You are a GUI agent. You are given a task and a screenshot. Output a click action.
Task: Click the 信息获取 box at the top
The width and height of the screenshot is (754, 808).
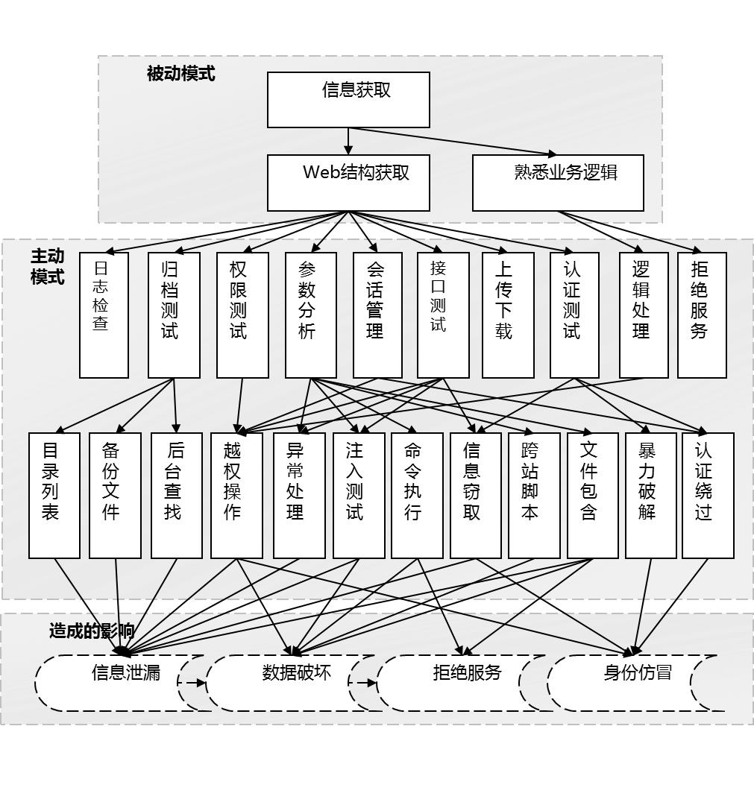click(x=348, y=99)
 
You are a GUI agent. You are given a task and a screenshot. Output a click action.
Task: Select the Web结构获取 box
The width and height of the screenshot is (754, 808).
click(x=348, y=183)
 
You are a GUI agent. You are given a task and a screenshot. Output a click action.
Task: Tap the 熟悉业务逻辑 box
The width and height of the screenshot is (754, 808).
click(x=558, y=183)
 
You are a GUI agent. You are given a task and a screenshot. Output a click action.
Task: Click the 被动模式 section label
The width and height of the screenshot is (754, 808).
click(x=180, y=74)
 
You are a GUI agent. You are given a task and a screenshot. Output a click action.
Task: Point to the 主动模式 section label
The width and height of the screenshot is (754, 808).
click(x=47, y=266)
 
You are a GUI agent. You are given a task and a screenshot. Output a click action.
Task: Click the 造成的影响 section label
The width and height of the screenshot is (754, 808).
click(x=91, y=631)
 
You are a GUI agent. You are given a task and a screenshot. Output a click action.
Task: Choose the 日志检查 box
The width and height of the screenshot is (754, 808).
click(x=104, y=315)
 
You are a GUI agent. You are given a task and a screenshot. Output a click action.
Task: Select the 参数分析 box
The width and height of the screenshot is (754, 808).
click(x=310, y=315)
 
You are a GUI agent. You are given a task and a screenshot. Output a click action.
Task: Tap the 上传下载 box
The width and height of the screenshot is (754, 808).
click(x=507, y=315)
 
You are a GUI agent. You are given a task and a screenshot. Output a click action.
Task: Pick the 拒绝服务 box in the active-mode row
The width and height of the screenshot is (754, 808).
click(x=701, y=315)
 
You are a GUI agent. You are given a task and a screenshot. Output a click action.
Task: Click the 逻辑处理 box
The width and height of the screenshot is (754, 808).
click(x=643, y=315)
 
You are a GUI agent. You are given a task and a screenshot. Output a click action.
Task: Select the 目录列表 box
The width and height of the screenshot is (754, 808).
click(x=54, y=495)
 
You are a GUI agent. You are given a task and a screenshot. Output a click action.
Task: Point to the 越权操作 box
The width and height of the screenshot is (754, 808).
click(x=236, y=495)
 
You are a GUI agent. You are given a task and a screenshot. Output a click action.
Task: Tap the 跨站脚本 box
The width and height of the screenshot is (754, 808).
click(x=533, y=495)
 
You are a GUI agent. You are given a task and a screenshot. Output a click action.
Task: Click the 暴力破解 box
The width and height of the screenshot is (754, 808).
click(x=650, y=495)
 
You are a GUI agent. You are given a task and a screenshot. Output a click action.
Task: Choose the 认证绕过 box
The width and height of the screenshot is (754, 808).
click(x=707, y=495)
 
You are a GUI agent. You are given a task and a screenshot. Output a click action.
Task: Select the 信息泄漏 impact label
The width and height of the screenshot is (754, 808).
click(x=125, y=673)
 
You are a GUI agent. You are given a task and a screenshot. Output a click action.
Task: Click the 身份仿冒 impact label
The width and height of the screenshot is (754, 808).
click(x=637, y=673)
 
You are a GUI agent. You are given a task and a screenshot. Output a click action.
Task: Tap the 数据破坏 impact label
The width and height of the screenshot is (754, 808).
click(x=296, y=673)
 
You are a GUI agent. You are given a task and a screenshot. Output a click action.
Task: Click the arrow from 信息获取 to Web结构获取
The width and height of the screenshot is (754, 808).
click(x=348, y=141)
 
